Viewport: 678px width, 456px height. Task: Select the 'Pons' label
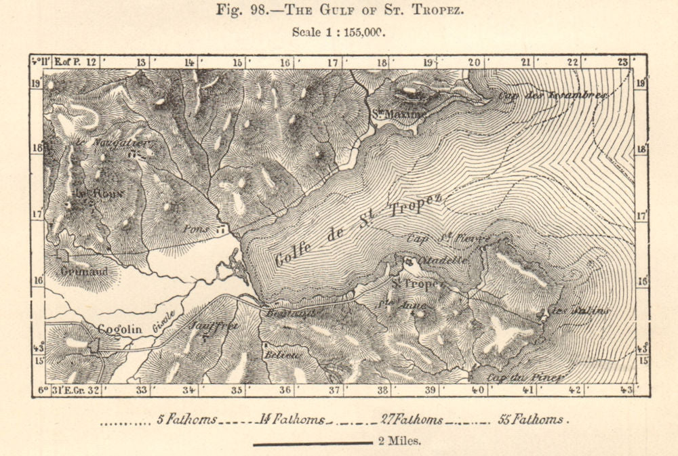point(195,229)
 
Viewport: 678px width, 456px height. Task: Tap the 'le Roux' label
point(92,193)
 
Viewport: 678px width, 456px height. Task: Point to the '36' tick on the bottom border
point(285,390)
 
